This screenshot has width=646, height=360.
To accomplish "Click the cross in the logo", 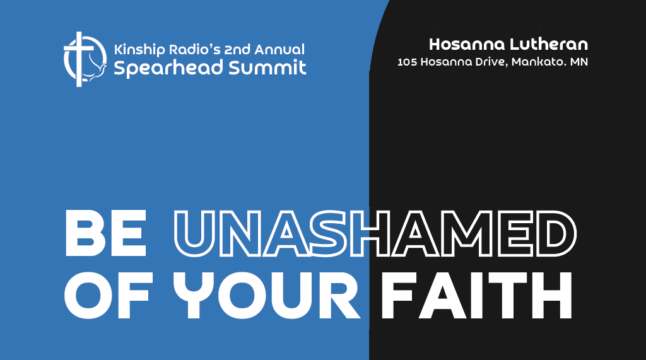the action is click(79, 59).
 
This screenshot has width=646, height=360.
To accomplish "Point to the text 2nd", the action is click(237, 49).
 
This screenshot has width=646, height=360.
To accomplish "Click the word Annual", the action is click(279, 49).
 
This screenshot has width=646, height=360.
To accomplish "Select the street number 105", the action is click(407, 62).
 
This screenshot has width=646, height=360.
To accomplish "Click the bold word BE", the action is click(106, 233).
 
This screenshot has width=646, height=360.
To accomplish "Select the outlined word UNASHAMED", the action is click(375, 233).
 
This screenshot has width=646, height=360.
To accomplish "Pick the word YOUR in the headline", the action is click(266, 295).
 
